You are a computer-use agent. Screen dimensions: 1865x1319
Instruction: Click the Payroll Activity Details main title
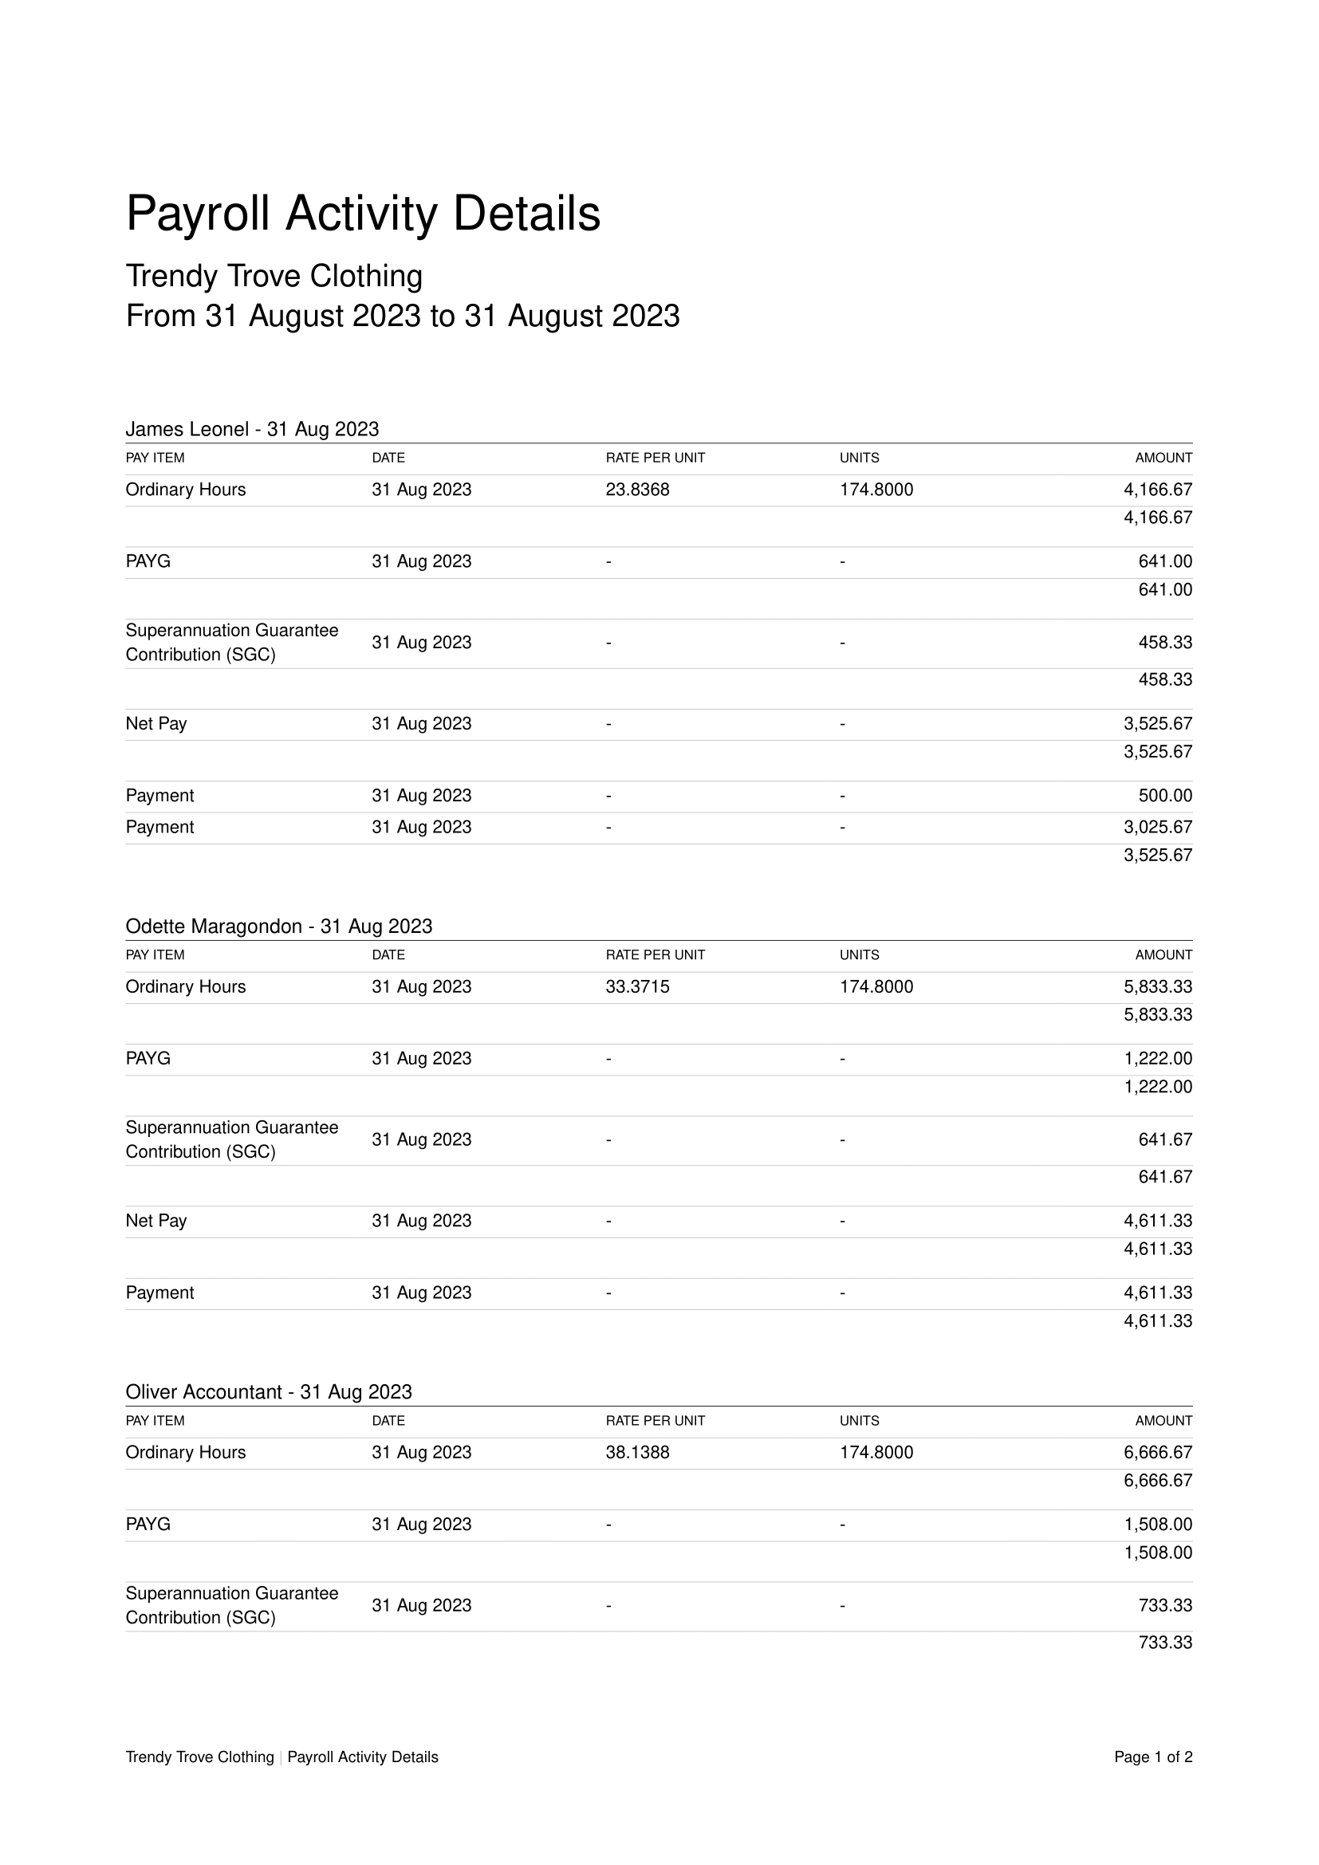pyautogui.click(x=362, y=214)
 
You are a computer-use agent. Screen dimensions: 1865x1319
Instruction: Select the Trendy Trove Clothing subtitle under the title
pyautogui.click(x=274, y=276)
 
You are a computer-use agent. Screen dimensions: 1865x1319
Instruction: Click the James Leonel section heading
pyautogui.click(x=252, y=429)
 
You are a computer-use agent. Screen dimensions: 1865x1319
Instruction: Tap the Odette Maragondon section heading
pyautogui.click(x=278, y=926)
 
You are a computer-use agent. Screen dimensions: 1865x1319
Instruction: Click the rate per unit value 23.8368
pyautogui.click(x=638, y=490)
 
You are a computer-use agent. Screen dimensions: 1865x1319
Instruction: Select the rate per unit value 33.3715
pyautogui.click(x=638, y=987)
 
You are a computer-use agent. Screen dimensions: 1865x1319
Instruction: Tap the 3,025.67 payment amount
pyautogui.click(x=1157, y=827)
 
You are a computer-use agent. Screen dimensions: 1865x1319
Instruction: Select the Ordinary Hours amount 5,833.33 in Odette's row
pyautogui.click(x=1157, y=987)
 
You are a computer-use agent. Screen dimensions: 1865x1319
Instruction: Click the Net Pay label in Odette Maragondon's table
pyautogui.click(x=156, y=1221)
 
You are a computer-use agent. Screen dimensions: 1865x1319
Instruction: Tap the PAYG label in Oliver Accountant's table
pyautogui.click(x=148, y=1525)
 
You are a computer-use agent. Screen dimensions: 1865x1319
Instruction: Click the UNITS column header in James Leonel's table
pyautogui.click(x=860, y=458)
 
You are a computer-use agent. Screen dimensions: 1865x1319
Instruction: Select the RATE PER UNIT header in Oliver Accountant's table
pyautogui.click(x=655, y=1421)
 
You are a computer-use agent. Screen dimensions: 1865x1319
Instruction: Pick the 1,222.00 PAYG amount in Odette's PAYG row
pyautogui.click(x=1157, y=1059)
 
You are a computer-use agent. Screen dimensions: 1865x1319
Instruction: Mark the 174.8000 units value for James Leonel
pyautogui.click(x=876, y=490)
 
